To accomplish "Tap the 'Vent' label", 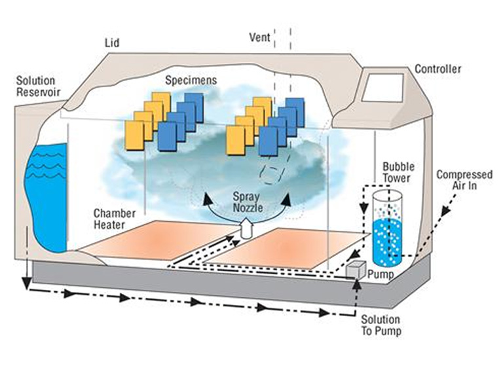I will point(260,37).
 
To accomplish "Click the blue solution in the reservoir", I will point(46,196).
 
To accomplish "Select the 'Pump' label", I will point(381,274).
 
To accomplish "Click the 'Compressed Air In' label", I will point(464,180).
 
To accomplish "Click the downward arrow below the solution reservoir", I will point(26,281).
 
